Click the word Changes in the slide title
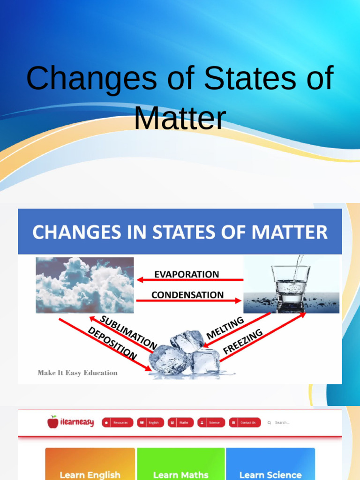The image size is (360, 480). click(92, 78)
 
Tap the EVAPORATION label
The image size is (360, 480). click(187, 274)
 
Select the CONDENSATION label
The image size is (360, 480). click(187, 295)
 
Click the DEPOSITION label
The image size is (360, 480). click(112, 344)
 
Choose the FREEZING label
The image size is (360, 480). click(242, 341)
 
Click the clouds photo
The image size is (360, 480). click(85, 285)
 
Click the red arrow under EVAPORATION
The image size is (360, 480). click(190, 280)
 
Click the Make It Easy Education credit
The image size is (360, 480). click(77, 373)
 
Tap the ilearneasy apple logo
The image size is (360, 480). click(53, 422)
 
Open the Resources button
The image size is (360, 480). click(117, 422)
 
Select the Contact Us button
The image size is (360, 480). click(245, 422)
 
